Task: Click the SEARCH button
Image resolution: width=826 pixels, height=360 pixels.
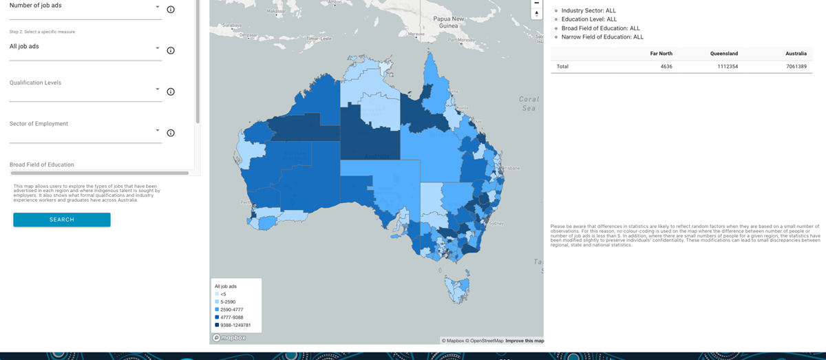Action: (x=61, y=220)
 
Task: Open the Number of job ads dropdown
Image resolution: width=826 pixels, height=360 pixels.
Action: (x=85, y=6)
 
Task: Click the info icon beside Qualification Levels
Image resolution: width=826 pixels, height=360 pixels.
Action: (x=171, y=92)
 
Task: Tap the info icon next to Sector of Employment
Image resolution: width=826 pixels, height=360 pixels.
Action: (x=171, y=133)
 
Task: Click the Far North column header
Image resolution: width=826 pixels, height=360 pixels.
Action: (x=661, y=53)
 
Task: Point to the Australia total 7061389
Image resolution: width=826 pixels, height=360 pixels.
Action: (x=796, y=67)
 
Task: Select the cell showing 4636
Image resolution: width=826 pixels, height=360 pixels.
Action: (x=666, y=67)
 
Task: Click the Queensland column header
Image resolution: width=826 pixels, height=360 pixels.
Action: (x=724, y=53)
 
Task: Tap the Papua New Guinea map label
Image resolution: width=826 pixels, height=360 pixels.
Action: (x=449, y=22)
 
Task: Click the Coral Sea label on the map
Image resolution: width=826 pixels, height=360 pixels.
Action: (x=529, y=104)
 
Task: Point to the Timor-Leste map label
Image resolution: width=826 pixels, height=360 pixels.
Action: (x=319, y=39)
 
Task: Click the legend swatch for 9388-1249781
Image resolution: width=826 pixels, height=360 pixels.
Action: (x=218, y=325)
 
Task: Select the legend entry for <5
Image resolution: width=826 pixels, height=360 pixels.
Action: (x=218, y=294)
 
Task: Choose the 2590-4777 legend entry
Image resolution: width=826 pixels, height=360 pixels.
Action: (x=231, y=310)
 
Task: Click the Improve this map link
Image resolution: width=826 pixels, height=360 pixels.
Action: (x=525, y=341)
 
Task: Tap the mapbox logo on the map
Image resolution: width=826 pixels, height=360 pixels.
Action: (x=229, y=337)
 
